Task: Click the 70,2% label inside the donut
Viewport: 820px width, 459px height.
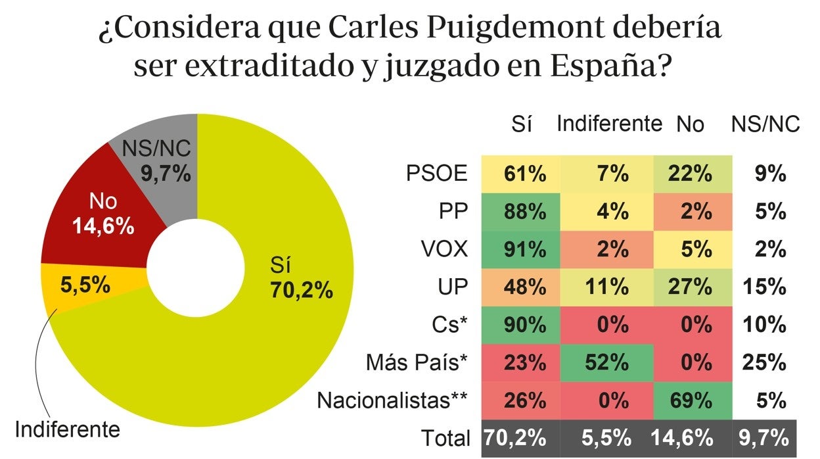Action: (302, 289)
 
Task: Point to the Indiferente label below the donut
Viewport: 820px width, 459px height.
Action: (67, 430)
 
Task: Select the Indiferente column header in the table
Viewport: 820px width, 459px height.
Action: (609, 124)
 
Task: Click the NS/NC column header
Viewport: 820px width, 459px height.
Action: (765, 124)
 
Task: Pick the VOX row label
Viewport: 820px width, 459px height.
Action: (445, 249)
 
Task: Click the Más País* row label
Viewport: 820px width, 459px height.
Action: (418, 362)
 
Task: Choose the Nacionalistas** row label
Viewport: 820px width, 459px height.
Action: (394, 400)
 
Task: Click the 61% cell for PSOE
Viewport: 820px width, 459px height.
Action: (524, 174)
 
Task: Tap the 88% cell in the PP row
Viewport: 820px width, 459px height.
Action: (524, 212)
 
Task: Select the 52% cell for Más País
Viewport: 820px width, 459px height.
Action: (608, 362)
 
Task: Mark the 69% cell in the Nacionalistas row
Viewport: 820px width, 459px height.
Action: (691, 399)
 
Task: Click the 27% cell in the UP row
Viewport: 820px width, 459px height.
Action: (691, 287)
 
